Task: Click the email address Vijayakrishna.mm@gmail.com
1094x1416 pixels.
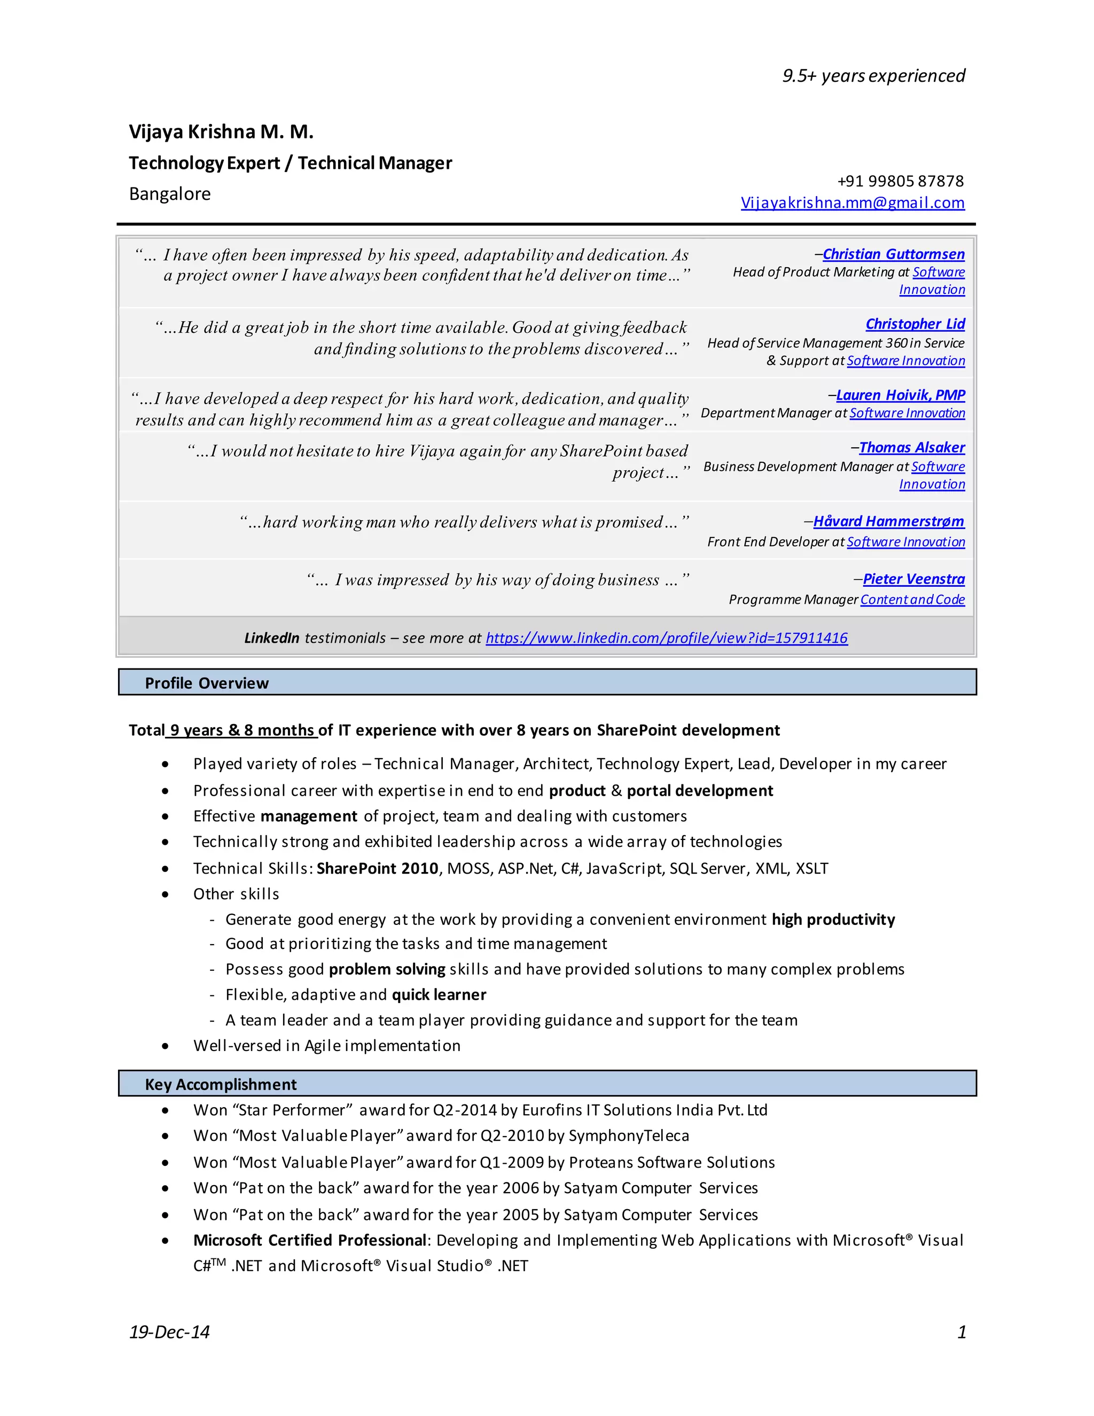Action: coord(852,203)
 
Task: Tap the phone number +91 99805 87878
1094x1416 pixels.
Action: coord(900,181)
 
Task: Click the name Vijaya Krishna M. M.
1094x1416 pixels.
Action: coord(221,131)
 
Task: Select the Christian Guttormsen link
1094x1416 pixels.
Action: coord(893,254)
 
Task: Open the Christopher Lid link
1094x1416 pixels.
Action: coord(915,323)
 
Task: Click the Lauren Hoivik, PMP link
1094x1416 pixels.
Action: coord(900,395)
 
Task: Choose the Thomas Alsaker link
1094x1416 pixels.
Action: coord(911,447)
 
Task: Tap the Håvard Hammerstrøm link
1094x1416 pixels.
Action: coord(888,522)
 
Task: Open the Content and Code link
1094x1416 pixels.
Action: coord(912,600)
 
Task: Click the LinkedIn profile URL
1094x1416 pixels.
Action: coord(666,638)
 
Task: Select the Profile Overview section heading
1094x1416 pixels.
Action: coord(206,683)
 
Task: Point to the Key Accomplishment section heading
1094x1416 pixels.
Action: coord(221,1085)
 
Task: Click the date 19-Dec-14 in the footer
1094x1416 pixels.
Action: coord(169,1332)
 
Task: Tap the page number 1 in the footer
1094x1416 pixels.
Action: coord(961,1332)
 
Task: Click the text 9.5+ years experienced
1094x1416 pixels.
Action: coord(873,76)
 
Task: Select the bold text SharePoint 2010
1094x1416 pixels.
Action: coord(377,869)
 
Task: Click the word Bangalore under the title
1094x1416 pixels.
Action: coord(170,194)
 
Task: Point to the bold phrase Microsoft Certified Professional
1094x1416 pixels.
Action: coord(309,1240)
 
